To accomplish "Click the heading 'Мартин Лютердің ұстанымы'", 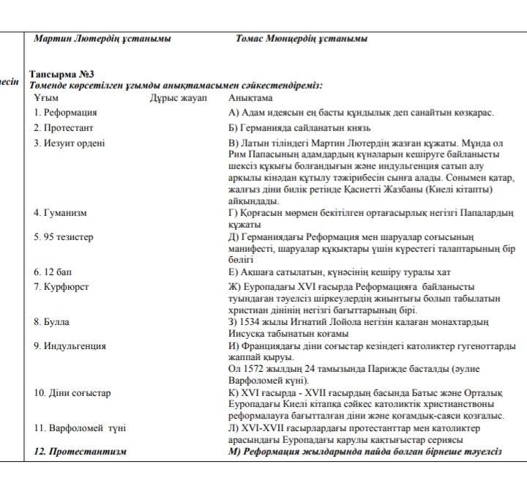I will [102, 39].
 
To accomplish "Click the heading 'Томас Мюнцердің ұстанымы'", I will [302, 39].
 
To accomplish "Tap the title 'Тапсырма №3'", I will [61, 75].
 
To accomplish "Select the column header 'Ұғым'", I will [45, 97].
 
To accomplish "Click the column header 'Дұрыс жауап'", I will [179, 97].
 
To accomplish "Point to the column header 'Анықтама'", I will [250, 97].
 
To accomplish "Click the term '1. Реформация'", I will [65, 113].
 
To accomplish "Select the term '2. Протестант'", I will [64, 127].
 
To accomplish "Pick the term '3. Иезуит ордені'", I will [69, 143].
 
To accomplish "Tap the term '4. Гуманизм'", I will [60, 213].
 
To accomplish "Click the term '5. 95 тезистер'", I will [64, 237].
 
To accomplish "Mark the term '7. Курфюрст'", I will [61, 286].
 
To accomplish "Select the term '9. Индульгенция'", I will [70, 346].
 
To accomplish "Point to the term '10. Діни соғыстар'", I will [72, 393].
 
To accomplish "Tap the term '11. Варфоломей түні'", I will [80, 427].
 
